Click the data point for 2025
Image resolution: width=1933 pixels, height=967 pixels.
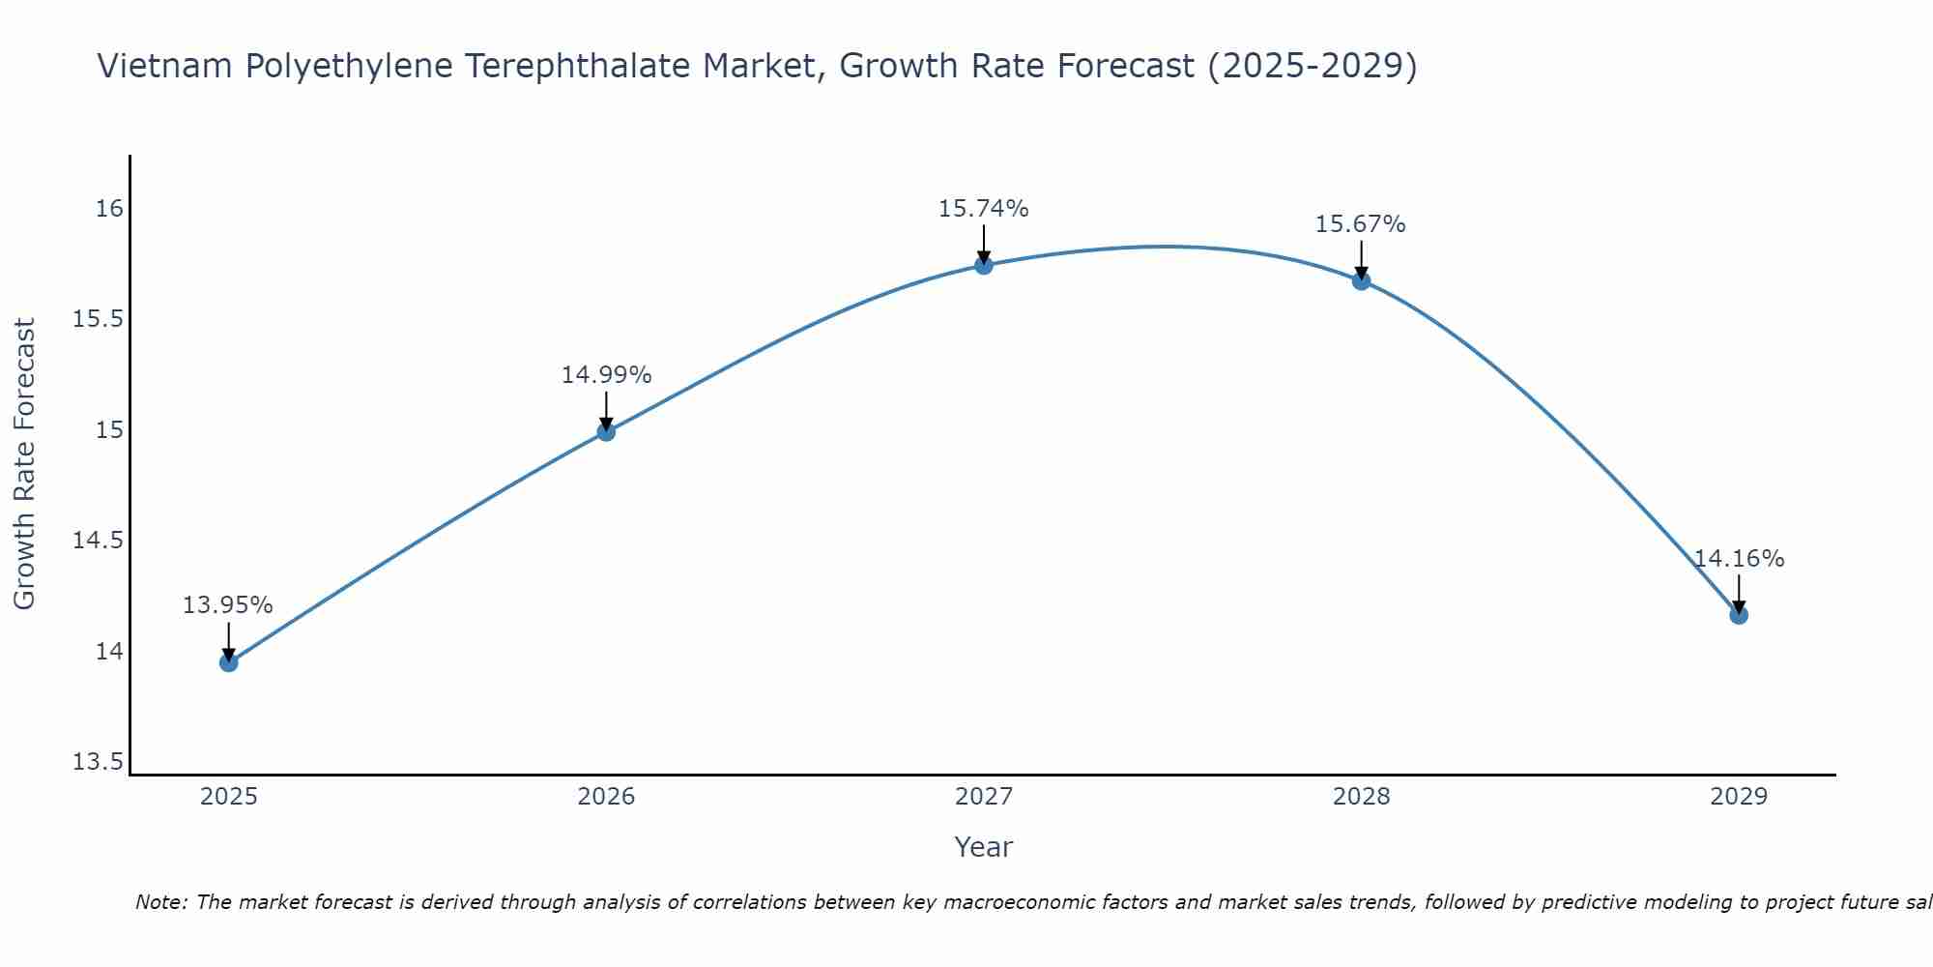click(x=229, y=662)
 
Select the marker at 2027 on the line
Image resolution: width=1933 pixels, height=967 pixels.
click(x=984, y=265)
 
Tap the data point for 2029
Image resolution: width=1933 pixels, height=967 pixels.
click(x=1739, y=615)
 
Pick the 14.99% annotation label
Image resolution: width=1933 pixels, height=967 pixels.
click(x=606, y=375)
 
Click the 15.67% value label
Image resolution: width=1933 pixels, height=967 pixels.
click(x=1360, y=224)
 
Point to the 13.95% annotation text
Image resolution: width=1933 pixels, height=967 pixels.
click(x=228, y=605)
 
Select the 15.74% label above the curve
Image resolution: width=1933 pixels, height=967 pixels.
click(x=983, y=209)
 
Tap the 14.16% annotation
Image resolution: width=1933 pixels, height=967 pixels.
click(x=1739, y=559)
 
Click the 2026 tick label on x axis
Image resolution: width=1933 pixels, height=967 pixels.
click(x=606, y=797)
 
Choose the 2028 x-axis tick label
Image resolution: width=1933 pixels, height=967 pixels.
click(x=1361, y=797)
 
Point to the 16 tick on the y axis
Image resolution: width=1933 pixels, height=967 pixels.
click(x=109, y=209)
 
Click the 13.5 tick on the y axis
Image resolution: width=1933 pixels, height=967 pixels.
click(x=99, y=762)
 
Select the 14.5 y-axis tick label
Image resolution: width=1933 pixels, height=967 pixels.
click(x=99, y=541)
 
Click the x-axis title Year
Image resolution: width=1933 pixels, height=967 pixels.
click(x=983, y=847)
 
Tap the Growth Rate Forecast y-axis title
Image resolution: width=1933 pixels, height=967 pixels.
click(x=24, y=464)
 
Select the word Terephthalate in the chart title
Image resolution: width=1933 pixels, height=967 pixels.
click(x=578, y=66)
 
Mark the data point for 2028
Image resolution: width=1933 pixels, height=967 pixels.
click(x=1361, y=281)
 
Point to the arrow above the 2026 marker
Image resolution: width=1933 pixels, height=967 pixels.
click(x=606, y=411)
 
